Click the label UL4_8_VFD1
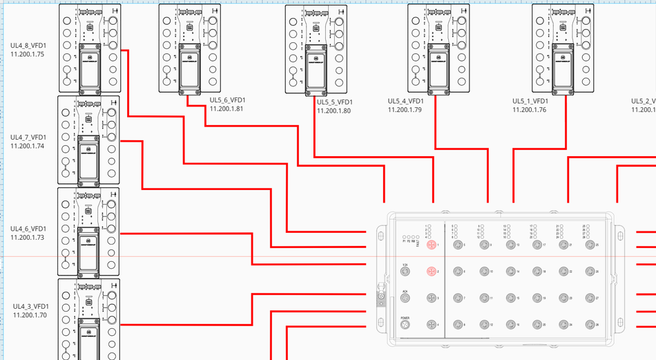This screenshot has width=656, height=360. click(x=28, y=46)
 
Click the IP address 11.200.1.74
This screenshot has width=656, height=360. click(x=28, y=146)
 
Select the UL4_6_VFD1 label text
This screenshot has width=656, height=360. click(x=28, y=229)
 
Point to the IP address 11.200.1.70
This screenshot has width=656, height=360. click(x=30, y=315)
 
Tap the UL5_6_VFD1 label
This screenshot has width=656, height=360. click(x=227, y=100)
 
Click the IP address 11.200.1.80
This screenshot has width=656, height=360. click(x=334, y=111)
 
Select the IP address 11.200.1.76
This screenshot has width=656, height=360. click(x=529, y=109)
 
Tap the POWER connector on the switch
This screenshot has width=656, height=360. click(x=405, y=324)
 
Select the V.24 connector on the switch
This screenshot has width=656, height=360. click(x=405, y=272)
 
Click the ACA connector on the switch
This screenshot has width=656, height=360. click(x=405, y=298)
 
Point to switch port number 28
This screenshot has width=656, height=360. click(x=590, y=324)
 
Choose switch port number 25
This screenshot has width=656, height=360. click(x=590, y=245)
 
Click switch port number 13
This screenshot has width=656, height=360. click(x=510, y=245)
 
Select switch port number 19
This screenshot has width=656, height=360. click(x=537, y=298)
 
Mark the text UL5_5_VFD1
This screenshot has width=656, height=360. click(x=334, y=102)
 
